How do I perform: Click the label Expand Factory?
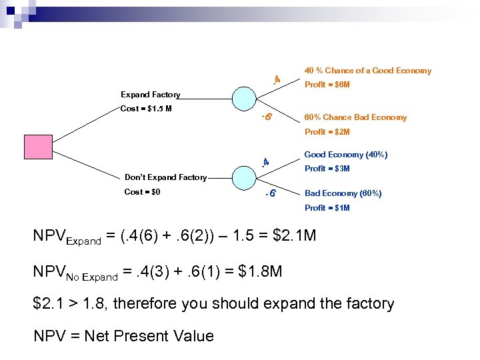coord(150,95)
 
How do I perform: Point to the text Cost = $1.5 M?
coord(146,109)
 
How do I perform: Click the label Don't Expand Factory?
coord(166,177)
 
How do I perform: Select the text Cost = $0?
coord(143,192)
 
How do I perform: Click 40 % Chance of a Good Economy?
coord(367,71)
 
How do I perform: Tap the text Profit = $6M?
coord(327,85)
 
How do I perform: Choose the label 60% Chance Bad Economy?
coord(355,117)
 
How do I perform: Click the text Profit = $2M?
coord(327,132)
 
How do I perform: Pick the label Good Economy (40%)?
coord(345,155)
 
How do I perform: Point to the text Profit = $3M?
coord(327,169)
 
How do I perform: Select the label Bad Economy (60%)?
coord(343,193)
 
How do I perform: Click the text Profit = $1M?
coord(327,208)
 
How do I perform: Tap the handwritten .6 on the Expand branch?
coord(265,117)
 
